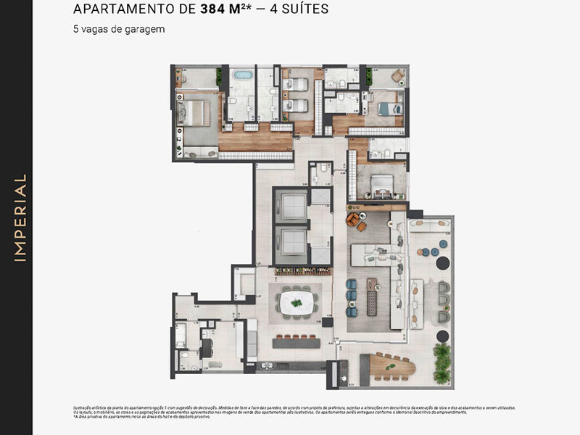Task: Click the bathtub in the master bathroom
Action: pyautogui.click(x=243, y=75)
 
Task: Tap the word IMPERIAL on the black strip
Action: pyautogui.click(x=20, y=217)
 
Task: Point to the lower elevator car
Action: pyautogui.click(x=291, y=244)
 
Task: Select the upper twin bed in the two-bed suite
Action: pyautogui.click(x=296, y=85)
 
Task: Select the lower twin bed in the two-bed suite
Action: pyautogui.click(x=296, y=106)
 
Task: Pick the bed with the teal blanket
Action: pyautogui.click(x=386, y=108)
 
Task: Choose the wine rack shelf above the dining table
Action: pyautogui.click(x=297, y=273)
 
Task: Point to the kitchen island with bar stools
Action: pyautogui.click(x=294, y=341)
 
